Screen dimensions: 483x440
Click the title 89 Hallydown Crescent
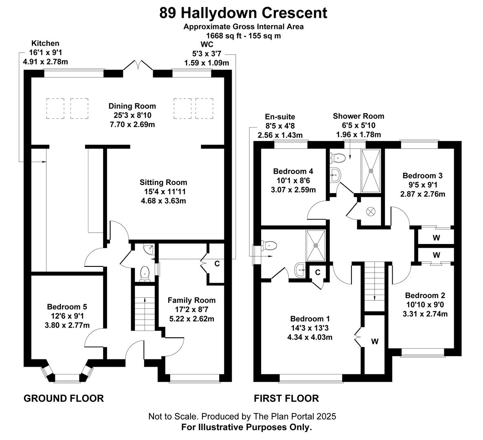coord(243,13)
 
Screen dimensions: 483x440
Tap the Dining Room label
coord(132,106)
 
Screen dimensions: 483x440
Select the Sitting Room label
coord(163,182)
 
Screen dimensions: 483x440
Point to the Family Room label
coord(191,300)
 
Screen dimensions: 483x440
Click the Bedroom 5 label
coord(67,307)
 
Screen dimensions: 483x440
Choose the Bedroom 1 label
coord(310,319)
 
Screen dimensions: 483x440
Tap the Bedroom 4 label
coord(293,171)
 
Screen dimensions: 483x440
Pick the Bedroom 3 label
coord(422,175)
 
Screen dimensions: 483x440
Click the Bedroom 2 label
coord(425,295)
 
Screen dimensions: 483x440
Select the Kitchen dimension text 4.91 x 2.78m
coord(45,62)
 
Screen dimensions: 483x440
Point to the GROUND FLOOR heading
coord(64,398)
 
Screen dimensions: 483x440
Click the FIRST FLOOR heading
coord(286,398)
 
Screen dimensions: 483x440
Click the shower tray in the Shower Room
coord(371,171)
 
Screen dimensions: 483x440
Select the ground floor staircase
coord(145,308)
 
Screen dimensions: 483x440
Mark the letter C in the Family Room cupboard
coord(217,264)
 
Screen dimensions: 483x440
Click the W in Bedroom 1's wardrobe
coord(375,341)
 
